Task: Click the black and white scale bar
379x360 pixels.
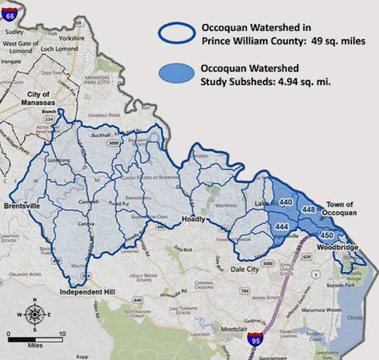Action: (x=33, y=336)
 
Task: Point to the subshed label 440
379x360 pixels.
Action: (x=286, y=202)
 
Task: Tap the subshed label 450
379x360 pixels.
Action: (x=326, y=235)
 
